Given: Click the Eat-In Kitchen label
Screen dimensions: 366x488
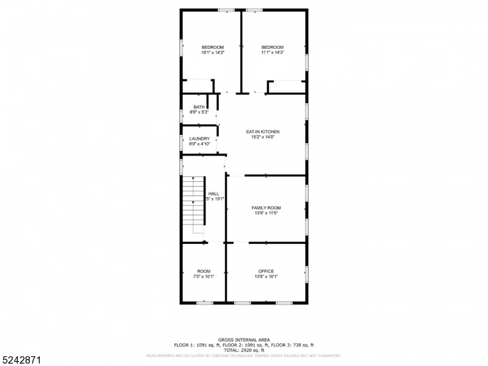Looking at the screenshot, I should coord(262,132).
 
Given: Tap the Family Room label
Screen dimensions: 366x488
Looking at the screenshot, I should coord(267,208).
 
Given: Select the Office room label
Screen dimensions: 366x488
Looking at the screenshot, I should coord(266,271).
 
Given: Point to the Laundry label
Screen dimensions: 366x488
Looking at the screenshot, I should coord(199,138).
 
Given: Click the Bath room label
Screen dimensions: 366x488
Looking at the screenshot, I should coord(199,107).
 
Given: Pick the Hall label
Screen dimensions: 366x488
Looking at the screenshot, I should coord(213,193).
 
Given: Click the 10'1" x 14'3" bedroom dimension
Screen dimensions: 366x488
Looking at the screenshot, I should coord(213,53).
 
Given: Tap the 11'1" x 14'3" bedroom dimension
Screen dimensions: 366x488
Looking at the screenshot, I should coord(273,53).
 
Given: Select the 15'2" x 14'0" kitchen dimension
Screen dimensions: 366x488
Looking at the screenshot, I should coord(262,137).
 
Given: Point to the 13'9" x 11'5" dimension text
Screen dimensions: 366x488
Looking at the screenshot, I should coord(267,213).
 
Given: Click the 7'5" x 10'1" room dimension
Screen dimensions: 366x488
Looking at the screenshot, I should coord(204,276).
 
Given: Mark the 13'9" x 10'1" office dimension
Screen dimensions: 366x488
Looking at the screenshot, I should coord(266,276).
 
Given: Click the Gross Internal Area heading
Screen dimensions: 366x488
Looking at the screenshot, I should coord(244,340).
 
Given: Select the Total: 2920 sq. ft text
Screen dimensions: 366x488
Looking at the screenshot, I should coord(244,350).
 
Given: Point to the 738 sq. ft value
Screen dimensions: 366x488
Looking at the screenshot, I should coord(301,345).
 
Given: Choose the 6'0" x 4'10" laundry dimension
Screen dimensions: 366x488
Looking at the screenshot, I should coord(199,144).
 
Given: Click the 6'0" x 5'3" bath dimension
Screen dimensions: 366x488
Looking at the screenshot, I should coord(199,112).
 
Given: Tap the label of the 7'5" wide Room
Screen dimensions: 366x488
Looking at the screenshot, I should coord(204,271).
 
